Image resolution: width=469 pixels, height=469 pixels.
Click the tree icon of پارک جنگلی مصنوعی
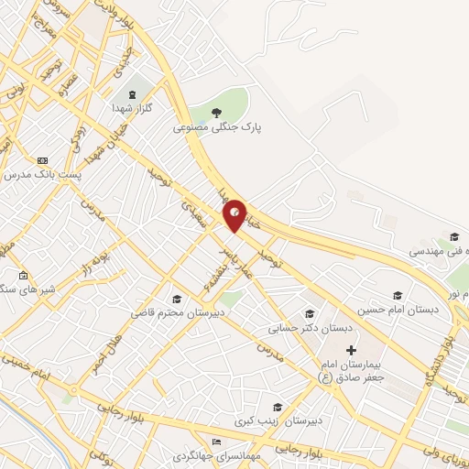[x=216, y=113]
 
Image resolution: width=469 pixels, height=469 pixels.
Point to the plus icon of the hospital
[x=351, y=350]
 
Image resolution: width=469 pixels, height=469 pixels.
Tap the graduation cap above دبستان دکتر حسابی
[x=310, y=314]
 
